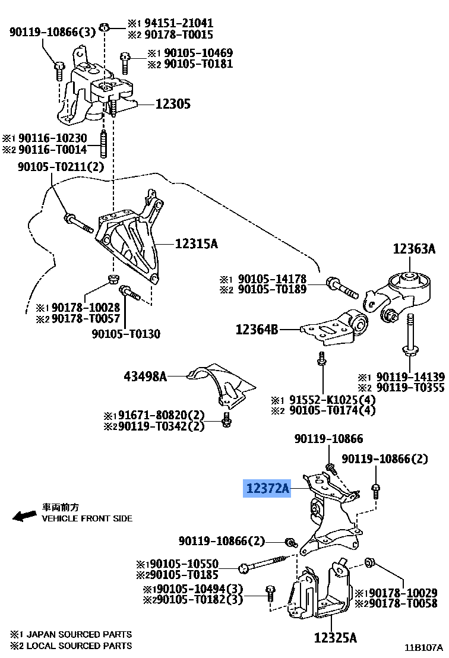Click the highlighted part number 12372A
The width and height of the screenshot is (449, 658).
pyautogui.click(x=267, y=489)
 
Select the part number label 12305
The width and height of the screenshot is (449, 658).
pyautogui.click(x=173, y=104)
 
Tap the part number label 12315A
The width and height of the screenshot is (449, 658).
pyautogui.click(x=197, y=243)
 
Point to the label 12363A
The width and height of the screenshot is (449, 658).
pyautogui.click(x=413, y=249)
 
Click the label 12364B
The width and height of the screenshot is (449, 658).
pyautogui.click(x=257, y=328)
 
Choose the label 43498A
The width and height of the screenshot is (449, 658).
pyautogui.click(x=146, y=375)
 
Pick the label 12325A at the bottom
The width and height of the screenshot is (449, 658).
pyautogui.click(x=336, y=638)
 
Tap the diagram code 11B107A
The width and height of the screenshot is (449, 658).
pyautogui.click(x=424, y=647)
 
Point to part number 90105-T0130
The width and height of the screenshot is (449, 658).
pyautogui.click(x=125, y=334)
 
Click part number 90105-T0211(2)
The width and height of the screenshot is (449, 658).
pyautogui.click(x=59, y=167)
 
